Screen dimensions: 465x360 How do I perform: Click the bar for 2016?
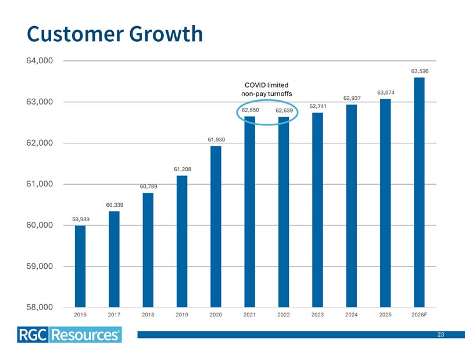[80, 267]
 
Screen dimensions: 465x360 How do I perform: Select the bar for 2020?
[216, 226]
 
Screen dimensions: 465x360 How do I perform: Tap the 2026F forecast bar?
[419, 192]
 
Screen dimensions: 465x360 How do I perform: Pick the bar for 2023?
[317, 210]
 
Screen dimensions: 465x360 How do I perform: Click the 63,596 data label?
[420, 71]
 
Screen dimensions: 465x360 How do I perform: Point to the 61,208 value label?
[183, 169]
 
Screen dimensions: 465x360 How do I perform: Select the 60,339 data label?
[115, 205]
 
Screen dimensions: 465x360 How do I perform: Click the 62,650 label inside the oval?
[250, 110]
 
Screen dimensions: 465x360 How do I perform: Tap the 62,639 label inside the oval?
[284, 110]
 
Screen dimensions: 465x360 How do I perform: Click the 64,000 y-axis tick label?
[40, 61]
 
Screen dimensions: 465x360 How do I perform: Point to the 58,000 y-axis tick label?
[40, 307]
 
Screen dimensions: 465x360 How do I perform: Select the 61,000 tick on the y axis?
[40, 184]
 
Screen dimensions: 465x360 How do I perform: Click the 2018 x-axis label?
[148, 315]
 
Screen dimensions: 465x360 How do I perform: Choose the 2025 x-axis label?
[385, 315]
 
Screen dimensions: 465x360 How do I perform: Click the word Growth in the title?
[166, 34]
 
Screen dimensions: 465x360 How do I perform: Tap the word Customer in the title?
[76, 34]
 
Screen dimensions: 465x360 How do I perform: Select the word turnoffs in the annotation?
[280, 93]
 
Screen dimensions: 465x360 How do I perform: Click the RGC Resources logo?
[69, 335]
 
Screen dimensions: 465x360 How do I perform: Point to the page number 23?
[441, 334]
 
